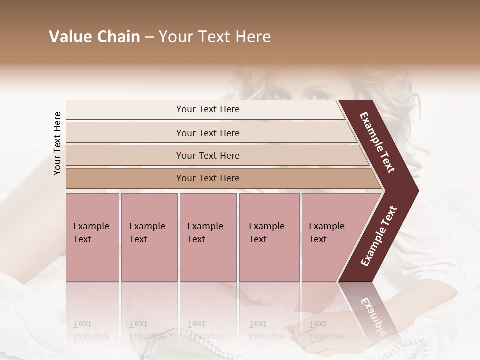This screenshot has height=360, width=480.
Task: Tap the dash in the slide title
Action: [149, 37]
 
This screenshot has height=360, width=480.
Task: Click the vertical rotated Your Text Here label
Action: [57, 143]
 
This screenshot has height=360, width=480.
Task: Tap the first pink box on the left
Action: [92, 237]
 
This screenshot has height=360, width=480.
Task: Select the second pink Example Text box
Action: [149, 237]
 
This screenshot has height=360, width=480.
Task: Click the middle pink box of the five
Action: [208, 237]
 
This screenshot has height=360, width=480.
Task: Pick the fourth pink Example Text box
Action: [269, 237]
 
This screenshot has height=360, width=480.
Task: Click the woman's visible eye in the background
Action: [315, 94]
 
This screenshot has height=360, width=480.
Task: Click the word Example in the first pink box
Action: [91, 226]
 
